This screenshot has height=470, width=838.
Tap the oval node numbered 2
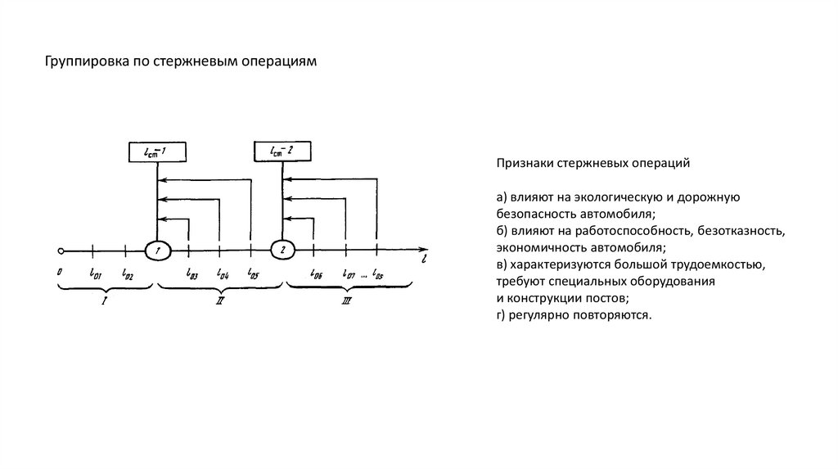click(x=282, y=250)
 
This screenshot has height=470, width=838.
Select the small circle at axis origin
click(x=60, y=250)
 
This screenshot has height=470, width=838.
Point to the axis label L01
click(x=95, y=273)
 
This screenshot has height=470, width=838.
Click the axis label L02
click(x=127, y=273)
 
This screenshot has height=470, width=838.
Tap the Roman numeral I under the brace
click(x=104, y=301)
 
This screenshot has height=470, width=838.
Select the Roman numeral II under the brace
click(x=219, y=301)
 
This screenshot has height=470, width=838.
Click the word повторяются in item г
click(x=615, y=314)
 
